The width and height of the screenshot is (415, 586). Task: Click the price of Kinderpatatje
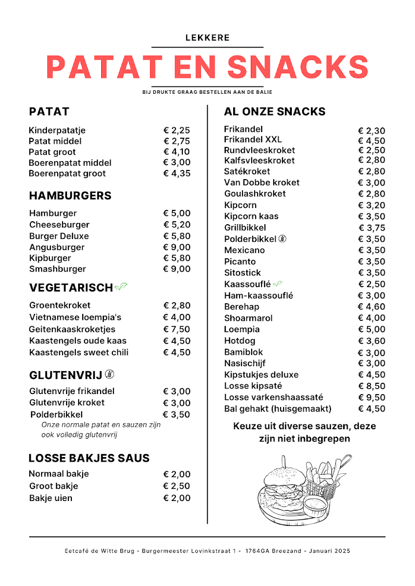(x=176, y=130)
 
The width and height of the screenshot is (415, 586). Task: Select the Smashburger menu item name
(x=57, y=269)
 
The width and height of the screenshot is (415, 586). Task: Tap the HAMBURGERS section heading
(x=70, y=196)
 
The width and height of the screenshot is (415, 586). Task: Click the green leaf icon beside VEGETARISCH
(x=120, y=287)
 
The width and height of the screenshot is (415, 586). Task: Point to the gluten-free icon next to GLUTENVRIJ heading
(x=110, y=375)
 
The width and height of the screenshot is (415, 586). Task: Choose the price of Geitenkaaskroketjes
(x=176, y=329)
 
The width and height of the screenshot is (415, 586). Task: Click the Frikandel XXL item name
(x=253, y=140)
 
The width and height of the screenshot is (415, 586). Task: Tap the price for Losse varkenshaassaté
(x=371, y=398)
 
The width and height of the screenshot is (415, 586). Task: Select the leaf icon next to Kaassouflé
(x=278, y=284)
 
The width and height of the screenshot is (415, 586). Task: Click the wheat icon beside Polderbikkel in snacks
(x=283, y=239)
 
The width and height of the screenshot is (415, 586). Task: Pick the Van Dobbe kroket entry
(x=262, y=183)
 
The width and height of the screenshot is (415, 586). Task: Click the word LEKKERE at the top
(x=207, y=38)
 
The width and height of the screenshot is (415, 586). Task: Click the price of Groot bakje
(x=176, y=486)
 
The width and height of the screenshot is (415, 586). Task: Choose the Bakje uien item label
(x=50, y=498)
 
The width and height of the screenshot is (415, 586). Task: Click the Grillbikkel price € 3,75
(x=371, y=228)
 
